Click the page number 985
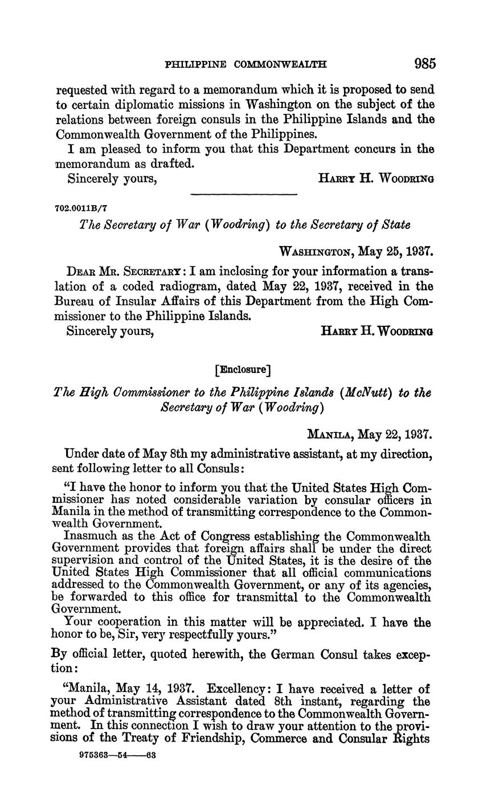pyautogui.click(x=425, y=64)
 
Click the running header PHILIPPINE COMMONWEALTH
pyautogui.click(x=245, y=65)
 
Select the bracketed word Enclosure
pyautogui.click(x=243, y=370)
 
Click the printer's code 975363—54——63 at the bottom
pyautogui.click(x=117, y=756)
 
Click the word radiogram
pyautogui.click(x=213, y=286)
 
